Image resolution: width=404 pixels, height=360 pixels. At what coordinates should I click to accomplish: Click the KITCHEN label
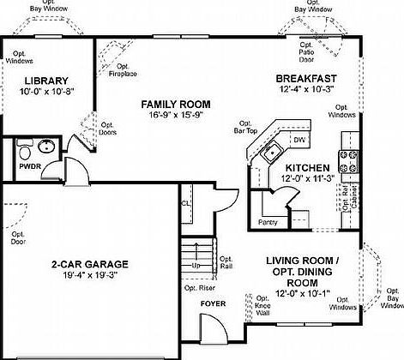pyautogui.click(x=307, y=167)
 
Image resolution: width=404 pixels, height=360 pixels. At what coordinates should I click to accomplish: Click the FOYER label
pyautogui.click(x=213, y=303)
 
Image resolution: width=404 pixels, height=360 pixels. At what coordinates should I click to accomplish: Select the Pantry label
pyautogui.click(x=268, y=221)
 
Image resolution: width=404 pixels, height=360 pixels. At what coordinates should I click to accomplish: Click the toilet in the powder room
pyautogui.click(x=26, y=152)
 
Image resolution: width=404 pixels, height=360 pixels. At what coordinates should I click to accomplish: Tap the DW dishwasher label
pyautogui.click(x=298, y=139)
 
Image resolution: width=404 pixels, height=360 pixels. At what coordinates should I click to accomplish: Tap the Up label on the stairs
pyautogui.click(x=196, y=266)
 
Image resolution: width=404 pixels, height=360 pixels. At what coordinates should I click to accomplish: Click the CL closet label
pyautogui.click(x=185, y=203)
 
